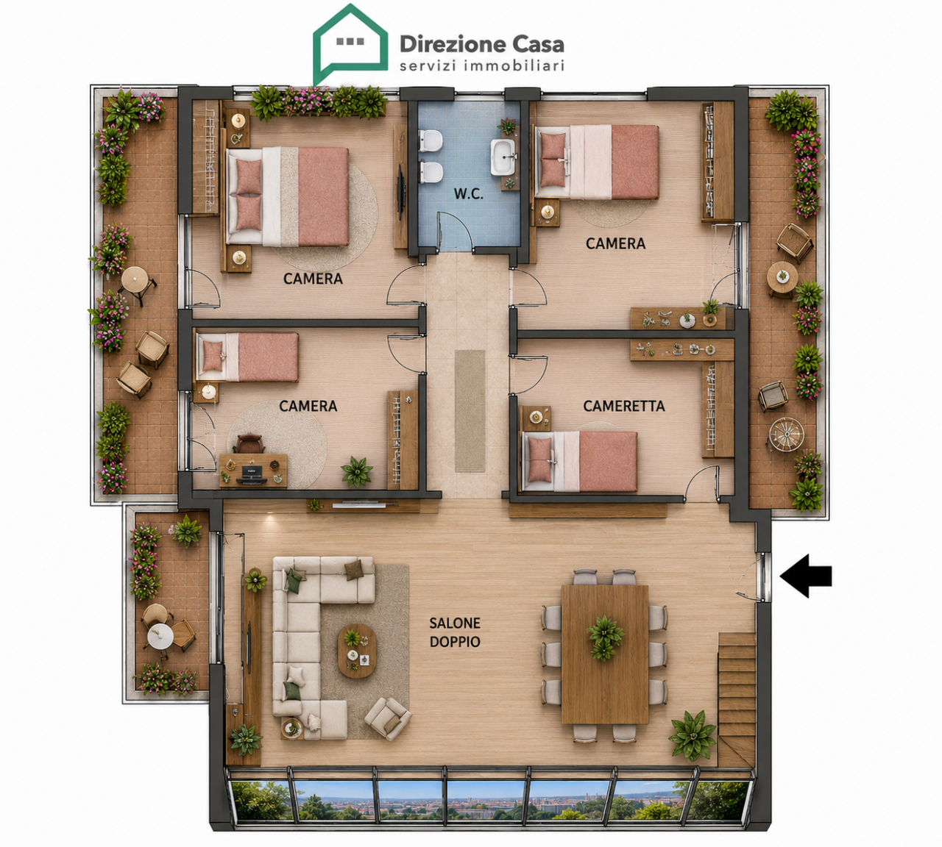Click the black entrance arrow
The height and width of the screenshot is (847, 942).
(x=805, y=576)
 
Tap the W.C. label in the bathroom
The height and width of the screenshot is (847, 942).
(x=468, y=194)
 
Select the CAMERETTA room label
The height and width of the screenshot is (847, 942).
(x=623, y=406)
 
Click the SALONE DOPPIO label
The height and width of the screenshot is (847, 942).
(x=455, y=632)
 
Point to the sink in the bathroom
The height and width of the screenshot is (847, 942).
(x=503, y=157)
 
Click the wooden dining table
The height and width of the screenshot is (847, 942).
(x=605, y=654)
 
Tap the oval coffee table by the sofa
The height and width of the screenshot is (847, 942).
(x=357, y=651)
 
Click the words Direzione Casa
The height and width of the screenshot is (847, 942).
(x=481, y=45)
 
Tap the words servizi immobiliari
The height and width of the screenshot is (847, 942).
(x=481, y=65)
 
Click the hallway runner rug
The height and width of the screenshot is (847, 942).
(x=470, y=410)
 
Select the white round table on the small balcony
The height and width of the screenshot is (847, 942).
(x=160, y=636)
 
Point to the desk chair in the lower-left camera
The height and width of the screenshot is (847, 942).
(x=249, y=443)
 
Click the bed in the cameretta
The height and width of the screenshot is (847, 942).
(x=580, y=461)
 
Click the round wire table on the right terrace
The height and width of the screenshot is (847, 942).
(x=787, y=434)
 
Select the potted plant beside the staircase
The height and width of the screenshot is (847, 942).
(x=693, y=735)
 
